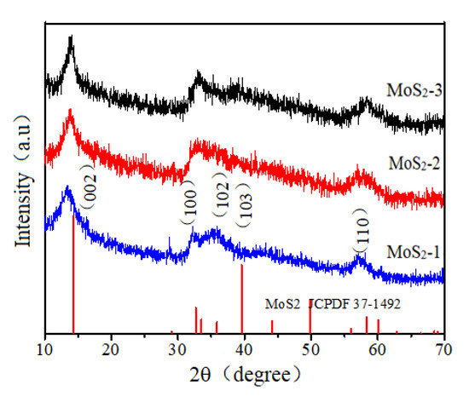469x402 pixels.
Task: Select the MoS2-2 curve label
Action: [413, 163]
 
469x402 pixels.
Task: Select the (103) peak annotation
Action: [244, 204]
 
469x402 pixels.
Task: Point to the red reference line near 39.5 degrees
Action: [242, 298]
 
